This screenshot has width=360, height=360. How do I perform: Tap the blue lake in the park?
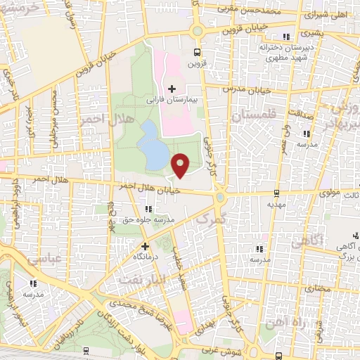(151, 143)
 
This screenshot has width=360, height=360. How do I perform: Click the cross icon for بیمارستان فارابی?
(172, 89)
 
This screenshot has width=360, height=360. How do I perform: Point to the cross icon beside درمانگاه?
(146, 247)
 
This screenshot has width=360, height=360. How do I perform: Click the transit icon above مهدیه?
(276, 193)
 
